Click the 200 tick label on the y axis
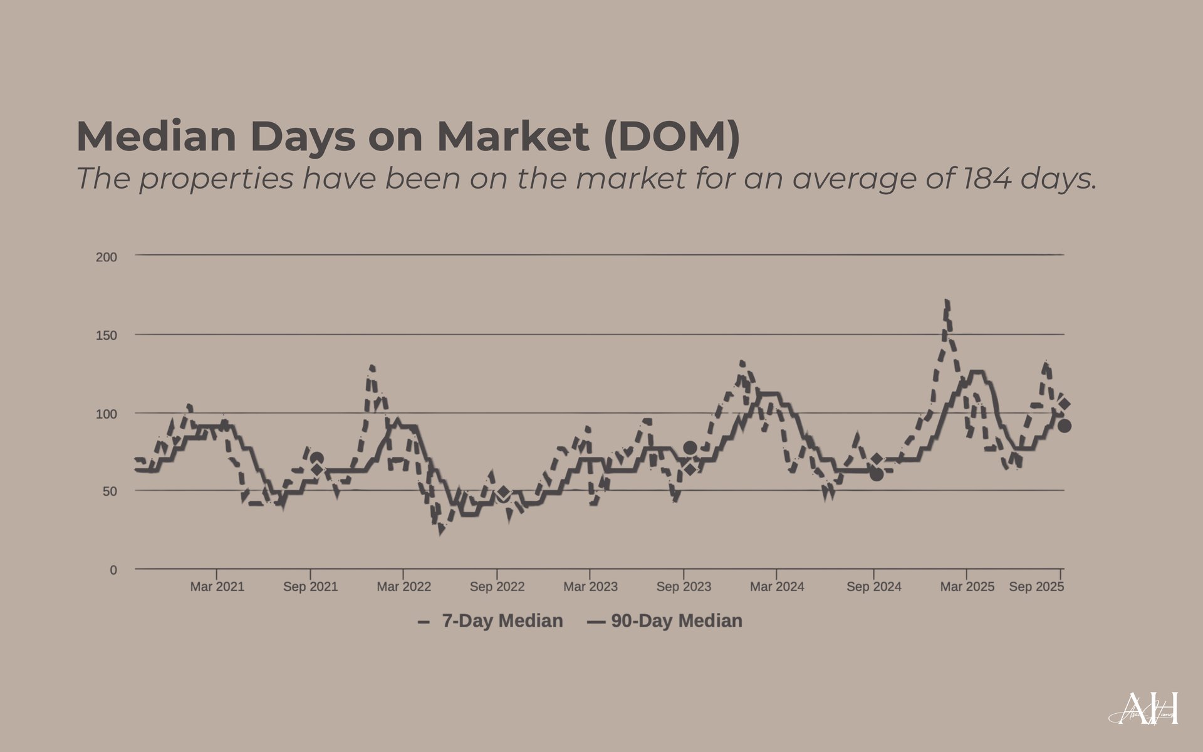[107, 257]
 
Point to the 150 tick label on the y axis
[107, 335]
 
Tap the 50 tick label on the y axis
[110, 491]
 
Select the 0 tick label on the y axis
[113, 570]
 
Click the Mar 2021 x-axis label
[217, 587]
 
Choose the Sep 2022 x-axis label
[497, 587]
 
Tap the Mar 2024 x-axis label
[777, 587]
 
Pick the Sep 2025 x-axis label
[1036, 587]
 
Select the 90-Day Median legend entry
[665, 621]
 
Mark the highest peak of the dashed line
[946, 302]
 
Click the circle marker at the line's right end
[1064, 426]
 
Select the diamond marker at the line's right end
[1064, 405]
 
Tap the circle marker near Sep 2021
[317, 459]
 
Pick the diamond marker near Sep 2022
[503, 492]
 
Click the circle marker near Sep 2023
[690, 447]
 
